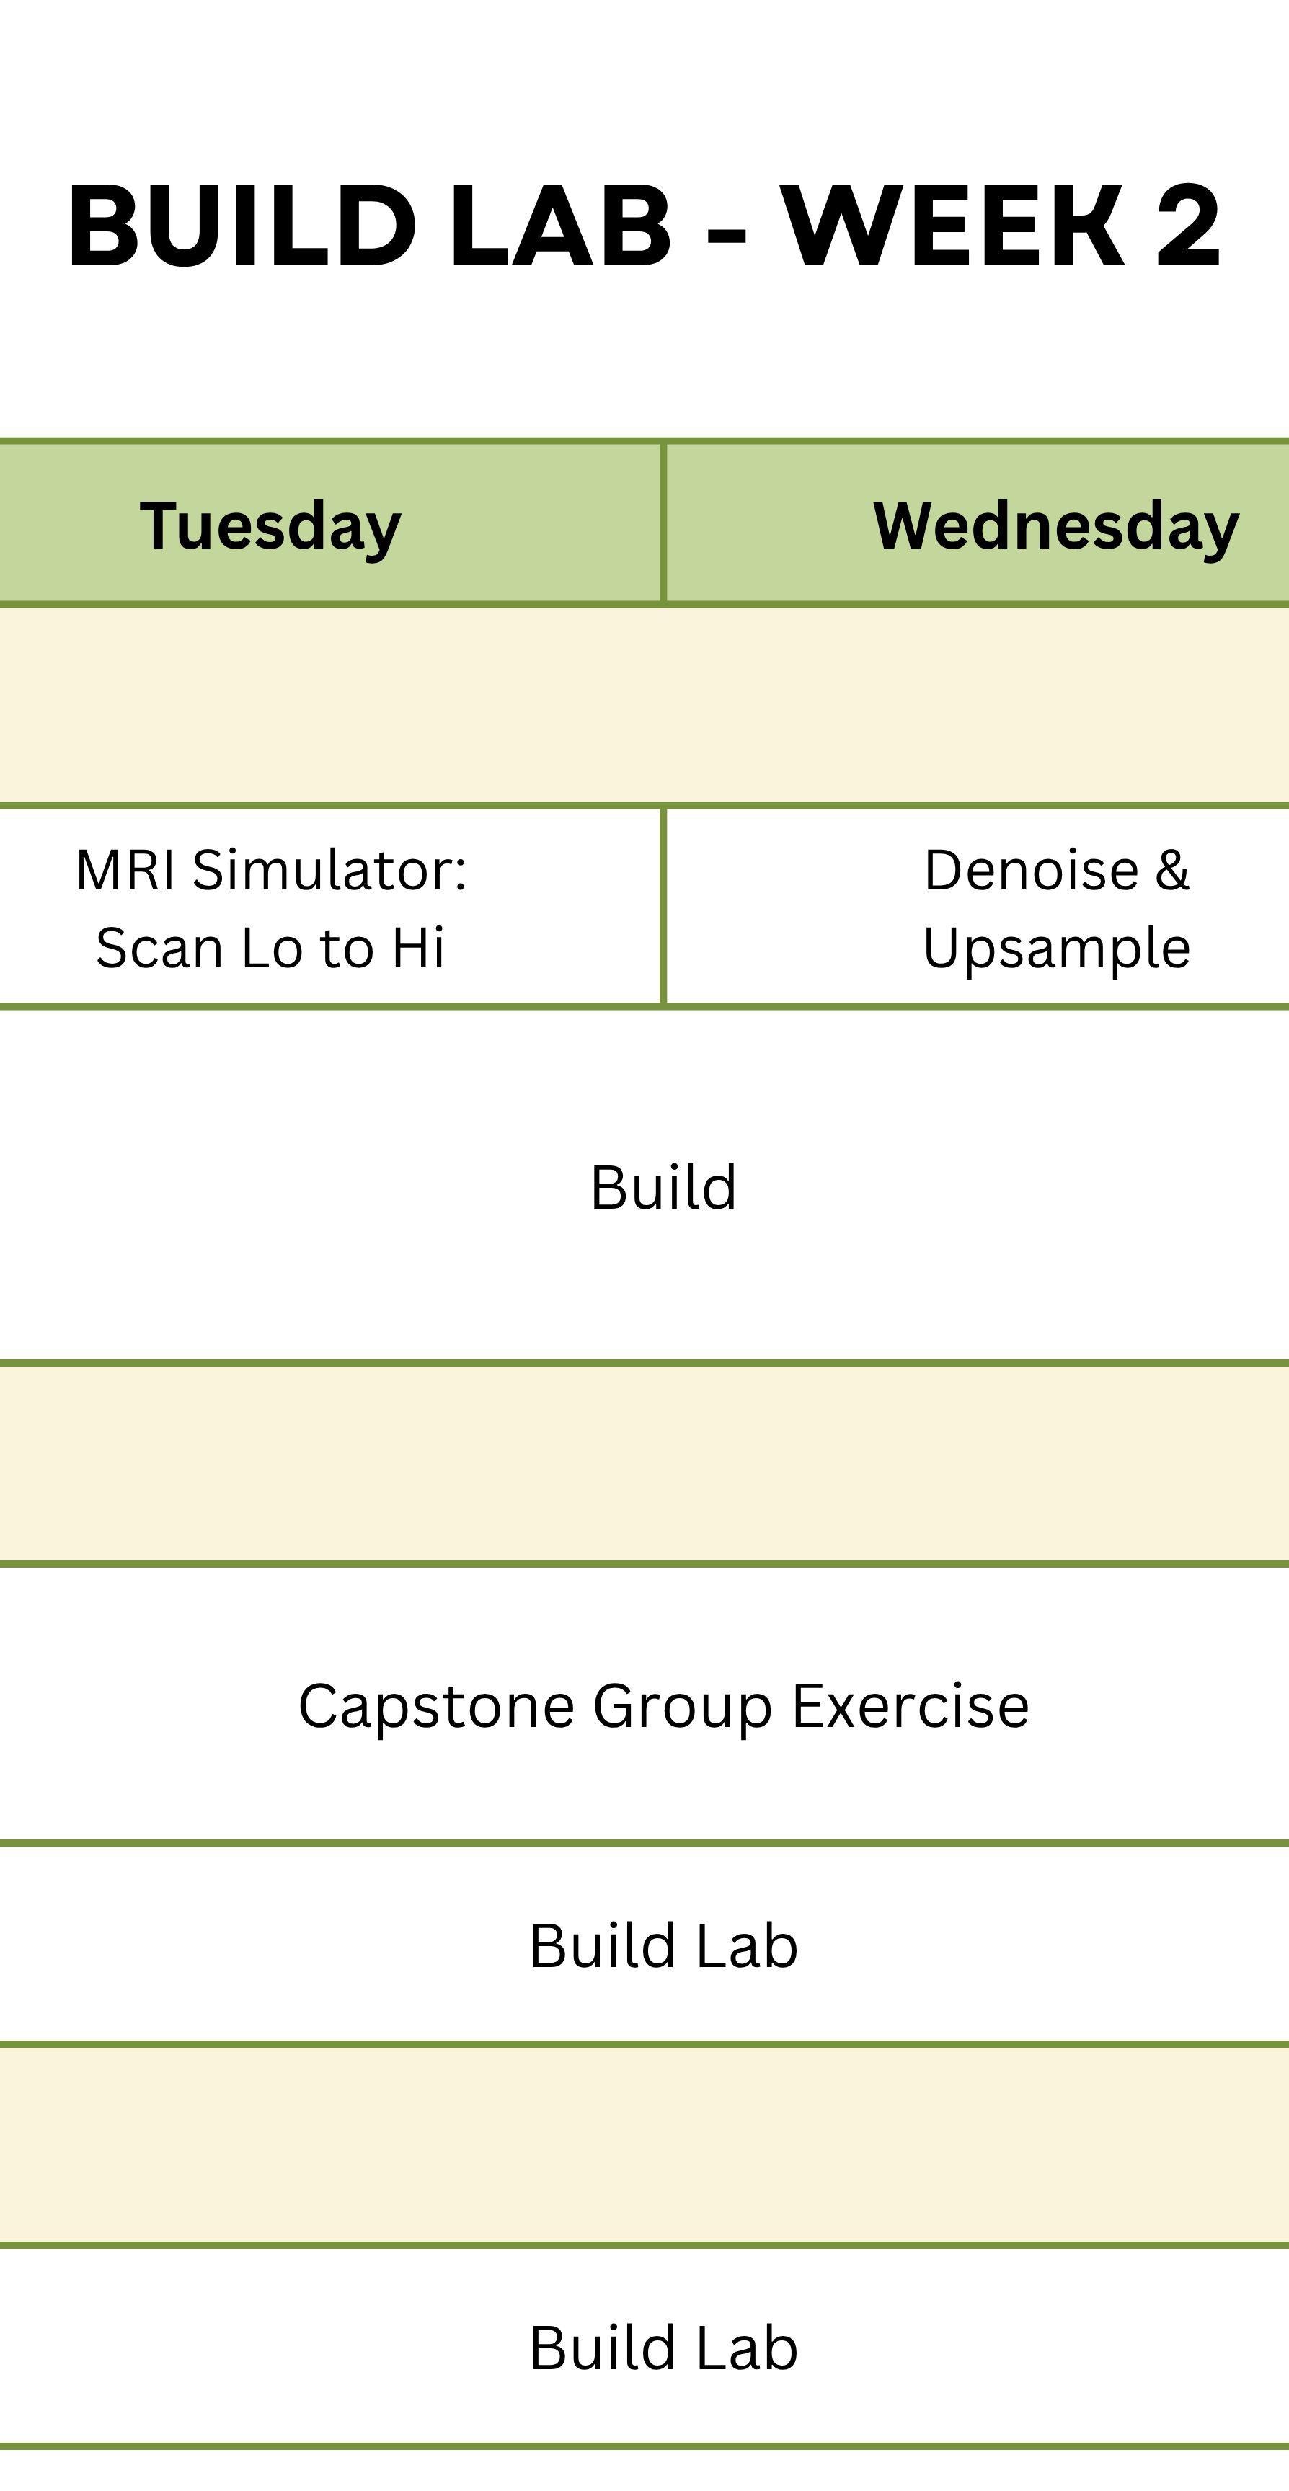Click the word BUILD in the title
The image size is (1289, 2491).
[242, 227]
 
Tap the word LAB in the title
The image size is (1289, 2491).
[561, 227]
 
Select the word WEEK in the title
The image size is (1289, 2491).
[952, 227]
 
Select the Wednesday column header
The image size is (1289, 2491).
[1056, 526]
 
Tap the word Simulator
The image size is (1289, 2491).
[329, 870]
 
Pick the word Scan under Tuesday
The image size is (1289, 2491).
[161, 948]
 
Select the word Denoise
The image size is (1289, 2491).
[1031, 870]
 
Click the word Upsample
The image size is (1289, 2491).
[1056, 949]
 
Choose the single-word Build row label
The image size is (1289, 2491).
[663, 1188]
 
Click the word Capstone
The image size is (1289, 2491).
[436, 1706]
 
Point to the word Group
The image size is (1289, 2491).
[682, 1708]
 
